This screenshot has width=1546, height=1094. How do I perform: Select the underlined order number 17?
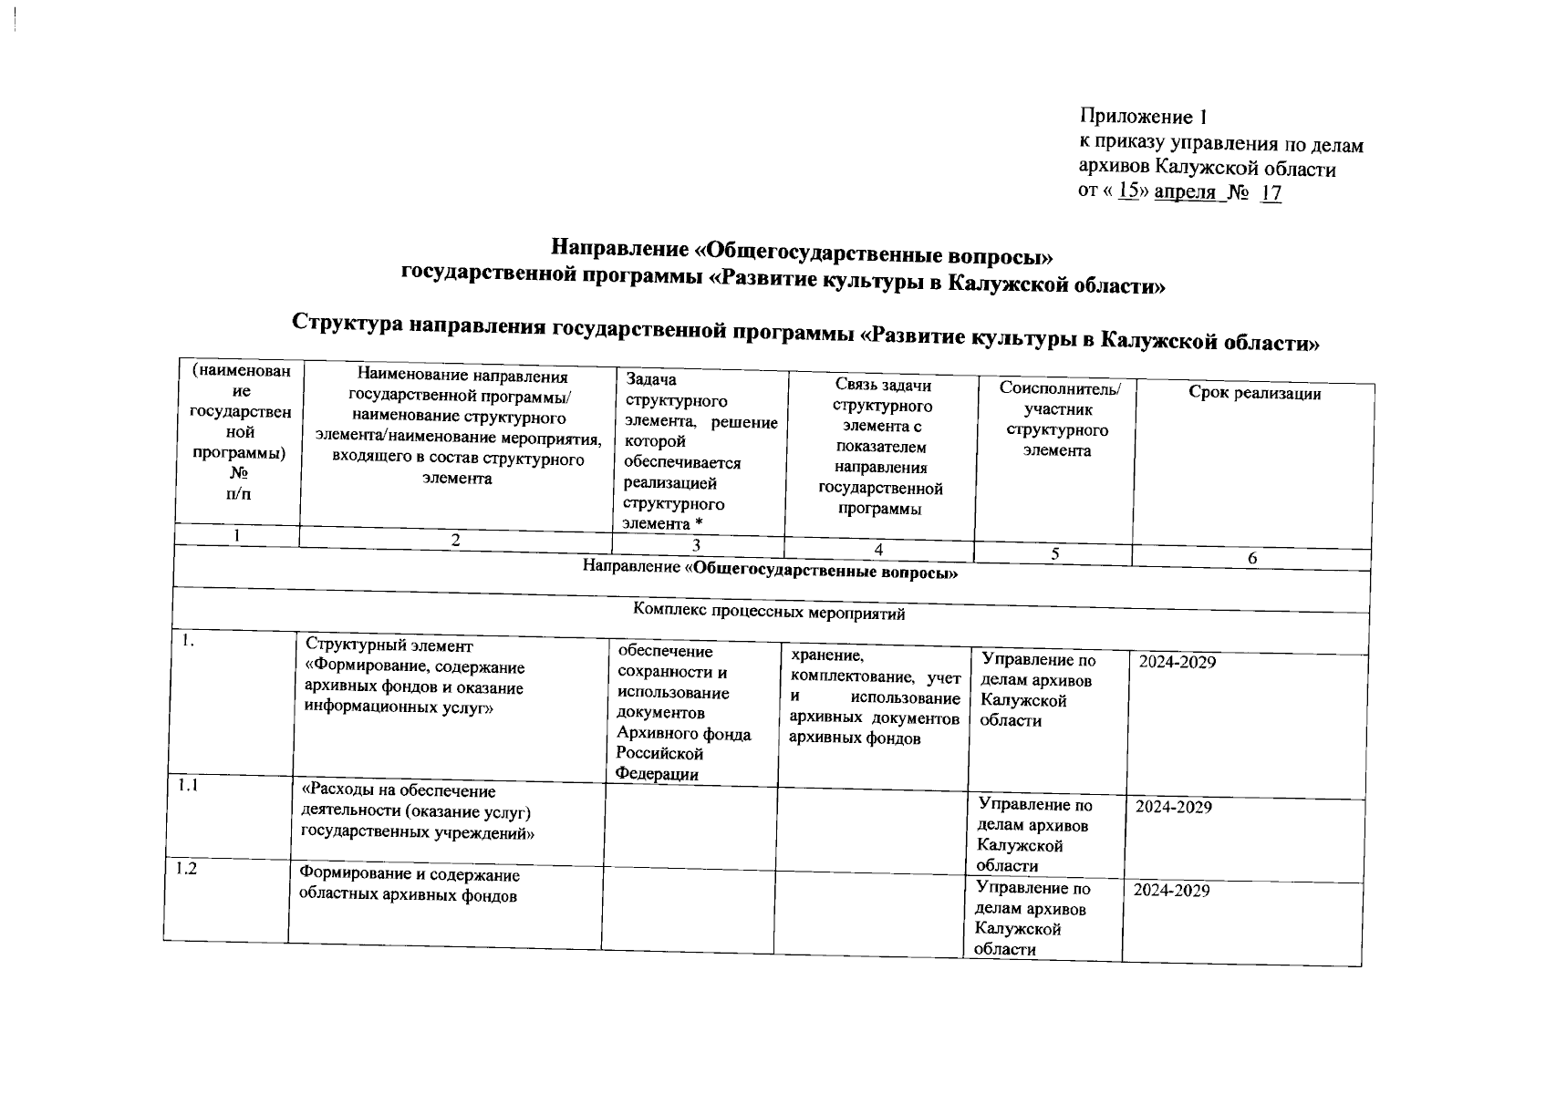pyautogui.click(x=1271, y=194)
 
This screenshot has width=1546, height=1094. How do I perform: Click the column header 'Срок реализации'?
pyautogui.click(x=1254, y=394)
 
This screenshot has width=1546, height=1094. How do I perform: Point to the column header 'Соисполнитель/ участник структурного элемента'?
pyautogui.click(x=1060, y=420)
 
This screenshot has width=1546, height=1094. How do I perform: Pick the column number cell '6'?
pyautogui.click(x=1252, y=558)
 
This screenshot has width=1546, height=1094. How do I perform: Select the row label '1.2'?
pyautogui.click(x=186, y=869)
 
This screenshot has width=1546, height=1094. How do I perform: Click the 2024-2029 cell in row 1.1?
pyautogui.click(x=1173, y=808)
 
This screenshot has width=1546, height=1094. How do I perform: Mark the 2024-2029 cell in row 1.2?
pyautogui.click(x=1171, y=891)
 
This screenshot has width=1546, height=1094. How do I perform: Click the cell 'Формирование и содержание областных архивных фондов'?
pyautogui.click(x=410, y=885)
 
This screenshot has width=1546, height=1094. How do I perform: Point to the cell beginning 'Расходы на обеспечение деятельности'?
pyautogui.click(x=416, y=812)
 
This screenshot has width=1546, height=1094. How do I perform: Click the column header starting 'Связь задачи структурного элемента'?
pyautogui.click(x=881, y=447)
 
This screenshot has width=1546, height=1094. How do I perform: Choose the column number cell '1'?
pyautogui.click(x=236, y=536)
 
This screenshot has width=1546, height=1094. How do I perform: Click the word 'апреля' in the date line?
pyautogui.click(x=1185, y=193)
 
